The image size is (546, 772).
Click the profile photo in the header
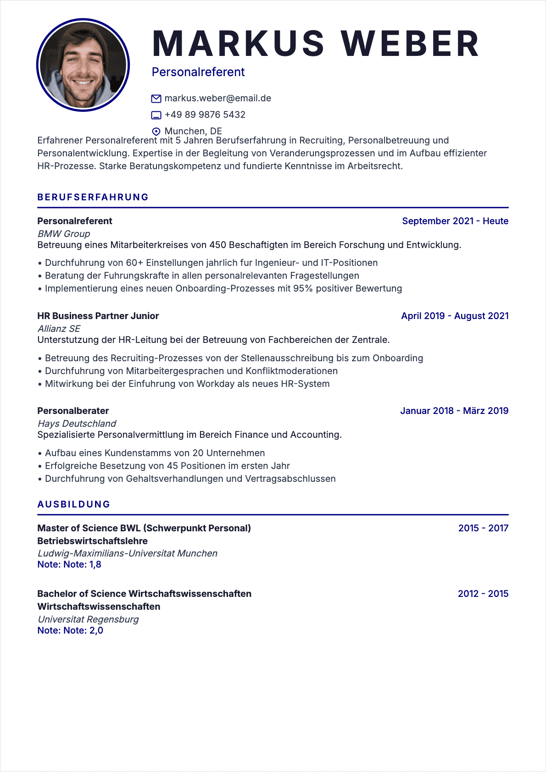[83, 65]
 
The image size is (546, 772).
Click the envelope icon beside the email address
[156, 99]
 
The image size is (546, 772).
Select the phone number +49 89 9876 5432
[205, 115]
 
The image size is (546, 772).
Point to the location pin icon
[156, 132]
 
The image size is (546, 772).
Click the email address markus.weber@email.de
[217, 98]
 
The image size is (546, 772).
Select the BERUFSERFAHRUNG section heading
[93, 197]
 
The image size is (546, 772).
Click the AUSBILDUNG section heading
[74, 504]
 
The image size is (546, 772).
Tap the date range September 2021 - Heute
[455, 221]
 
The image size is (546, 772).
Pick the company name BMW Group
[64, 234]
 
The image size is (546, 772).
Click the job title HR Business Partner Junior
[98, 316]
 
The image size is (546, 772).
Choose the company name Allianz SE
[59, 329]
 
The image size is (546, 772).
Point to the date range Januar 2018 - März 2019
[454, 411]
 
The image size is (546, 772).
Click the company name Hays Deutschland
[77, 424]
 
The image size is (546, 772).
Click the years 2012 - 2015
[483, 594]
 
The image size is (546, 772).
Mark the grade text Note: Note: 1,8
[69, 564]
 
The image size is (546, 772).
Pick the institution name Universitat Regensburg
[88, 619]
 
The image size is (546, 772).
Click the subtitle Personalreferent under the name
[198, 72]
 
